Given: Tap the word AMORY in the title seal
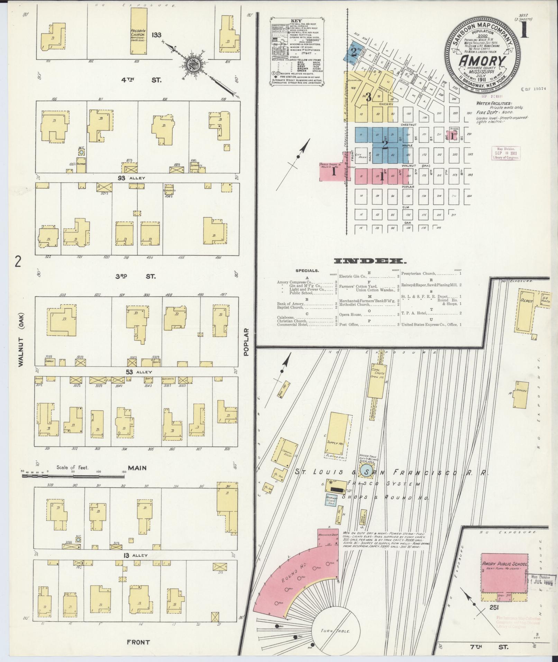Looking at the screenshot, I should (x=483, y=61).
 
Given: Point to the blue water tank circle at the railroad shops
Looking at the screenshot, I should (x=367, y=471).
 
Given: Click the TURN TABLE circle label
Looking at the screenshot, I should (x=336, y=631).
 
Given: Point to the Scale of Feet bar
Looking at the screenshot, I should (x=73, y=476).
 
